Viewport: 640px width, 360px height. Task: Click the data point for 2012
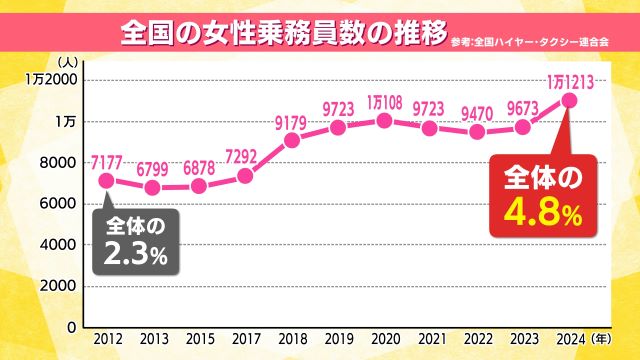[x=106, y=181]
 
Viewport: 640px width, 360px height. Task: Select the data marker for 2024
[x=568, y=100]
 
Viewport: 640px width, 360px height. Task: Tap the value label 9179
[x=292, y=123]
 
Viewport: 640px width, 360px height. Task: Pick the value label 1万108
[x=385, y=102]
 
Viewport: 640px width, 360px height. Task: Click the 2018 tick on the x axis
[x=291, y=340]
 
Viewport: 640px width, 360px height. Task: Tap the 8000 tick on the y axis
[x=58, y=162]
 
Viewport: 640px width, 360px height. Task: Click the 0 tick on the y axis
[x=71, y=327]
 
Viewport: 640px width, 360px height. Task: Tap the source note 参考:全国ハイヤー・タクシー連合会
[x=529, y=43]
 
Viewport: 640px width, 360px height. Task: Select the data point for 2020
[x=383, y=120]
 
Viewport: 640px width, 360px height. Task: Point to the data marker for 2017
[x=245, y=176]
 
